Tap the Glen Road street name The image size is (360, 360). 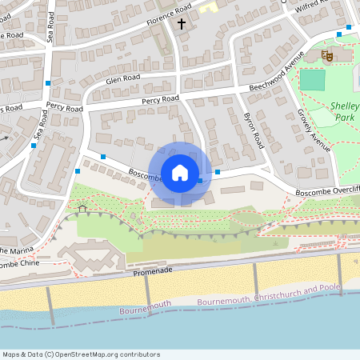tap(123, 78)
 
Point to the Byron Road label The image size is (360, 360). tap(253, 130)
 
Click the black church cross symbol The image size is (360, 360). tap(182, 24)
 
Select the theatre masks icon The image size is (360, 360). tap(326, 55)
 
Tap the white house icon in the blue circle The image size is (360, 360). tap(180, 172)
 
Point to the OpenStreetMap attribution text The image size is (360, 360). tap(81, 354)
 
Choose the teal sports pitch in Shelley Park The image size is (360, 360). tap(312, 80)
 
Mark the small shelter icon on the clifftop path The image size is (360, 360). tap(82, 209)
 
